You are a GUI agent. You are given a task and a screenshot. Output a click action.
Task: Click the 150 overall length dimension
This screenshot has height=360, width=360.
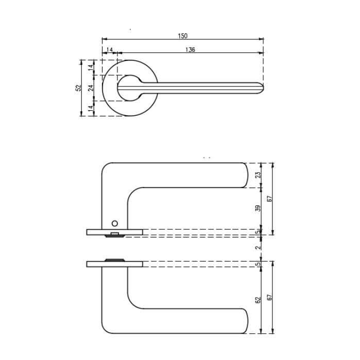[182, 36]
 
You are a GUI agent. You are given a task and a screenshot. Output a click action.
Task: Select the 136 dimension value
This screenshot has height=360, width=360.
[190, 50]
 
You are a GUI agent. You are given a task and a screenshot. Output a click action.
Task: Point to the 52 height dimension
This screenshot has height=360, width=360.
[79, 88]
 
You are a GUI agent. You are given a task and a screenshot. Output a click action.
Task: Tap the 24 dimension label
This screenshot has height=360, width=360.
[91, 88]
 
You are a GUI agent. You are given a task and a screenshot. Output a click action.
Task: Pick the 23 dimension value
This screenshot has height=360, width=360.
[259, 175]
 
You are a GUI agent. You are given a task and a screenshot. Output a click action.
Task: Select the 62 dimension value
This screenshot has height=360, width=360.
[259, 299]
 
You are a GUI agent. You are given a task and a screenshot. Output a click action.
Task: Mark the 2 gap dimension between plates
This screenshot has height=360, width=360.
[259, 247]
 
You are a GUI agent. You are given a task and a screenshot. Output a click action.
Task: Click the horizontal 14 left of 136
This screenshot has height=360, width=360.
[110, 50]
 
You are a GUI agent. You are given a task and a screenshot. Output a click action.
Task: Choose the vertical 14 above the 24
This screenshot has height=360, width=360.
[91, 67]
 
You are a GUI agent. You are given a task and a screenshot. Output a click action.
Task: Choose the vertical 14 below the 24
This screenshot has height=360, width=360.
[91, 109]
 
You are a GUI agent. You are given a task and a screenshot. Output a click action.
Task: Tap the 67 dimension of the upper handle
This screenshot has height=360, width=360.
[269, 198]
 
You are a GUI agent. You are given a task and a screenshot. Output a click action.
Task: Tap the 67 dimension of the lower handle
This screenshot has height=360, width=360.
[269, 298]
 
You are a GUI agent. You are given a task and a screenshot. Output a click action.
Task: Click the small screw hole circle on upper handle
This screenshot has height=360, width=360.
[115, 223]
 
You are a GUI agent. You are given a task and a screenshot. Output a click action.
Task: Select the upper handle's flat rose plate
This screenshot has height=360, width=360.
[114, 232]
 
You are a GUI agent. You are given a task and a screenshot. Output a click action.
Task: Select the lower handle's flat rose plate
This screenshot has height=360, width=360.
[114, 264]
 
